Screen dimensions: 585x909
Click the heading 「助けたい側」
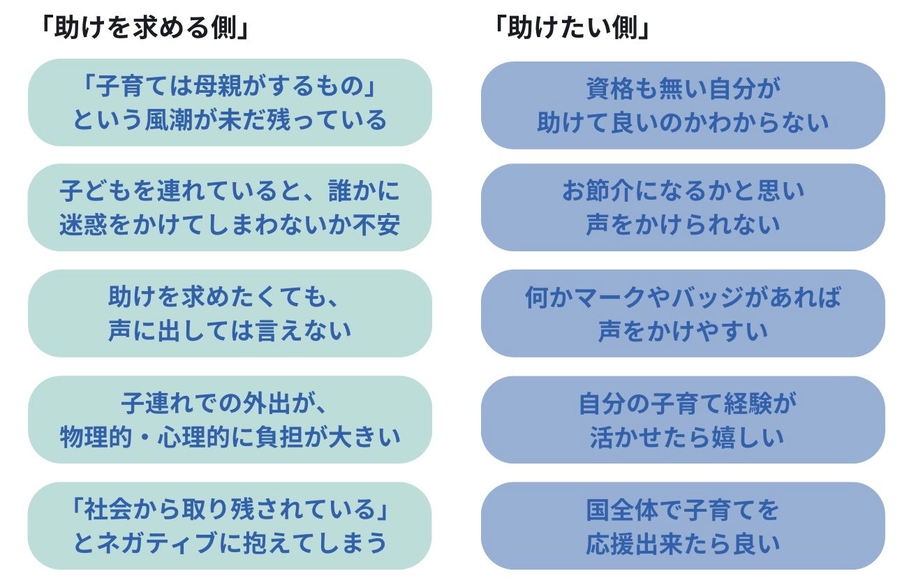click(x=570, y=29)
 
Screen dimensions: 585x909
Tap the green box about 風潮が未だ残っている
click(x=230, y=103)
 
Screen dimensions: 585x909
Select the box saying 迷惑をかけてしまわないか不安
click(x=230, y=207)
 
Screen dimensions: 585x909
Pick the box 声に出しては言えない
click(x=230, y=313)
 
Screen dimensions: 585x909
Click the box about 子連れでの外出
click(x=230, y=420)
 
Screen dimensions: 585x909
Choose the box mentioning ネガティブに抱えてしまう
click(x=230, y=526)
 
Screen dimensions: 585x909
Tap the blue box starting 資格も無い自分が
click(x=683, y=105)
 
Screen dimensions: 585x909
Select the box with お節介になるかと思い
click(x=683, y=207)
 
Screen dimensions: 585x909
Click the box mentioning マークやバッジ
click(x=683, y=313)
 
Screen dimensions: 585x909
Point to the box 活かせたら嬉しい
click(x=683, y=420)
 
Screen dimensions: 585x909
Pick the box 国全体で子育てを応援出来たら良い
click(x=683, y=526)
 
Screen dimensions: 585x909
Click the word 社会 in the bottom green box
click(x=114, y=510)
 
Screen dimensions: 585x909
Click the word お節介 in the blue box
click(x=602, y=191)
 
